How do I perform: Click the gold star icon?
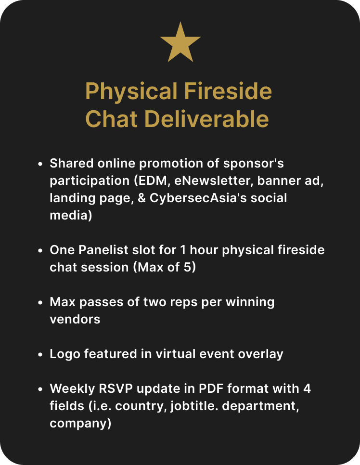point(180,43)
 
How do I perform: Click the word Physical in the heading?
point(131,92)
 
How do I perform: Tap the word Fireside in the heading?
point(228,91)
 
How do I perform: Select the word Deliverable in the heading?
point(206,118)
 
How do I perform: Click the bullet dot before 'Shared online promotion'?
point(40,164)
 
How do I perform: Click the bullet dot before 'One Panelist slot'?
point(40,250)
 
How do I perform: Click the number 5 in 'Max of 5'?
point(188,267)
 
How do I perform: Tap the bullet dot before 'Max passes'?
point(40,302)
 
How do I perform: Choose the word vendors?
point(75,320)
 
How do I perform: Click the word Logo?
point(65,354)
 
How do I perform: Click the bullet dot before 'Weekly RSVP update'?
point(40,389)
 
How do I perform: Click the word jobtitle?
point(194,406)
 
